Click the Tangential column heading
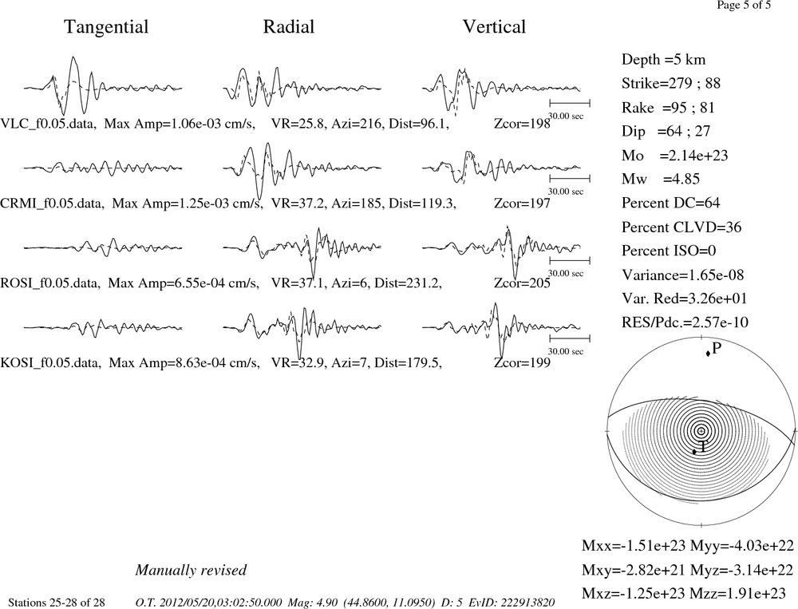106,27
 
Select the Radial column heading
289,26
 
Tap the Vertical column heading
494,26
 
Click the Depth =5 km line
663,60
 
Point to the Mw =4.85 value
661,179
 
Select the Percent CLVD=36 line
681,227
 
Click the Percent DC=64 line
671,203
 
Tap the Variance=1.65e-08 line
682,275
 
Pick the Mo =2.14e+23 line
675,156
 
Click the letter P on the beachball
717,348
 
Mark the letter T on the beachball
702,447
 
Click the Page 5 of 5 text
744,5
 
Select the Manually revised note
191,570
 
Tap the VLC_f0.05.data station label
49,124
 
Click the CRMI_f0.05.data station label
53,204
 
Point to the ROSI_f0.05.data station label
50,283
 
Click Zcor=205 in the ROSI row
522,283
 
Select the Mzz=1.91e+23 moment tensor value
741,593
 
